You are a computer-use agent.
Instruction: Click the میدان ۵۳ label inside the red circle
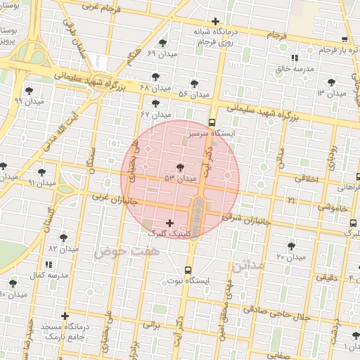[180, 179]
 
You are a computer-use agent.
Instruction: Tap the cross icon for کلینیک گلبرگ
[169, 223]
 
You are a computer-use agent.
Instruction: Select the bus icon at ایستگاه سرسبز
[213, 122]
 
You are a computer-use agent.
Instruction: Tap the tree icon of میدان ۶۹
[163, 44]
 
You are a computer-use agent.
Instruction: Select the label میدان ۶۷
[156, 114]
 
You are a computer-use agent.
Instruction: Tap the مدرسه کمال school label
[49, 275]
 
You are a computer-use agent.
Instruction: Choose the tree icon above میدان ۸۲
[63, 238]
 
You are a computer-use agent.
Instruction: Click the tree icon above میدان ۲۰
[291, 246]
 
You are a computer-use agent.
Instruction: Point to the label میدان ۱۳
[331, 93]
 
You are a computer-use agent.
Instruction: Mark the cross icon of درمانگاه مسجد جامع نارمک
[65, 316]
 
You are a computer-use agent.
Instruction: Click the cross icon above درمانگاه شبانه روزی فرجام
[215, 21]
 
